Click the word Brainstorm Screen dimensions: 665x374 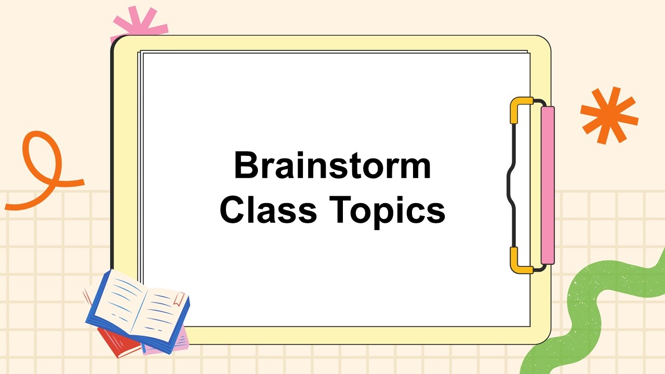[332, 165]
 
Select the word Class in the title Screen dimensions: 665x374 [269, 209]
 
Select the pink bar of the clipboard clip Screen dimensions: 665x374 [548, 185]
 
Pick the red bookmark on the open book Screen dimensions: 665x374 [179, 299]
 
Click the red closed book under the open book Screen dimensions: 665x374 [119, 341]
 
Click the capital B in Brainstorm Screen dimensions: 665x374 [246, 165]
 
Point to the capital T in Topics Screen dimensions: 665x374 [340, 209]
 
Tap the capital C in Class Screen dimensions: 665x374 [232, 209]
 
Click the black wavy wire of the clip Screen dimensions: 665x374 [511, 185]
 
